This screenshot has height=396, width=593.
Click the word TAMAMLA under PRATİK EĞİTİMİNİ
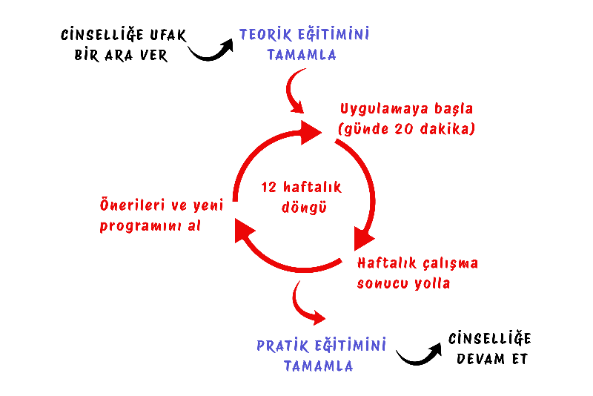pyautogui.click(x=318, y=366)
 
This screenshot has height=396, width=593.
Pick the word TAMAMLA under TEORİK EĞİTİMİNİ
pyautogui.click(x=301, y=55)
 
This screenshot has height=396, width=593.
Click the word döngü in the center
pyautogui.click(x=304, y=207)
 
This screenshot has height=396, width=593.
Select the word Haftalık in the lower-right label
pyautogui.click(x=386, y=264)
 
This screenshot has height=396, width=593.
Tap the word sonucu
pyautogui.click(x=382, y=284)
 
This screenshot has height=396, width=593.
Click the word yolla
pyautogui.click(x=433, y=284)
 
